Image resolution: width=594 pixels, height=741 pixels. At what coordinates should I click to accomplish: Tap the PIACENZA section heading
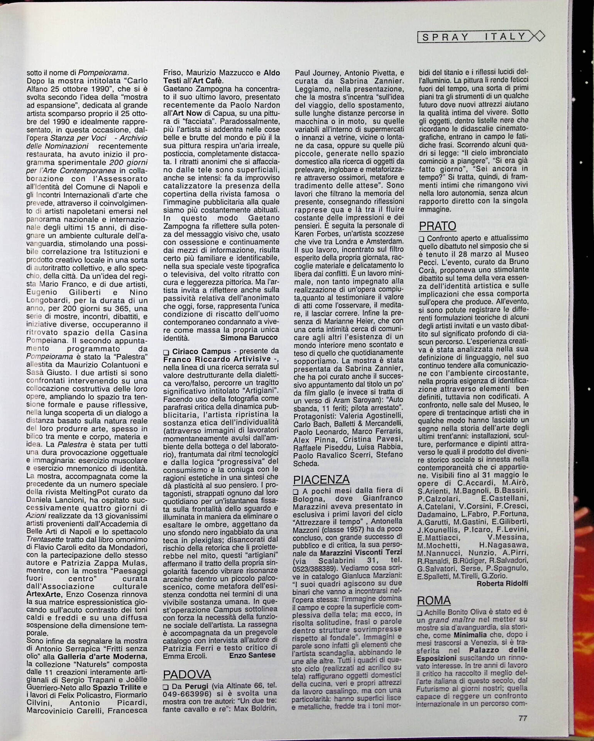point(321,479)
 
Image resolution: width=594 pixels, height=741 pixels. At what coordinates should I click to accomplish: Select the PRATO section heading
point(437,226)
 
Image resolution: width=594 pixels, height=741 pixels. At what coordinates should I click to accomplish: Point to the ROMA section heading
point(434,601)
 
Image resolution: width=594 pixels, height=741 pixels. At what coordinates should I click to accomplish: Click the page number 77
point(523,719)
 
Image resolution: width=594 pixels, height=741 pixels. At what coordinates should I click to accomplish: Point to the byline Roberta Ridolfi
point(502,584)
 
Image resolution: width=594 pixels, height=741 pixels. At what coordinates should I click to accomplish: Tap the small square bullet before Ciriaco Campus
point(166,352)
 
